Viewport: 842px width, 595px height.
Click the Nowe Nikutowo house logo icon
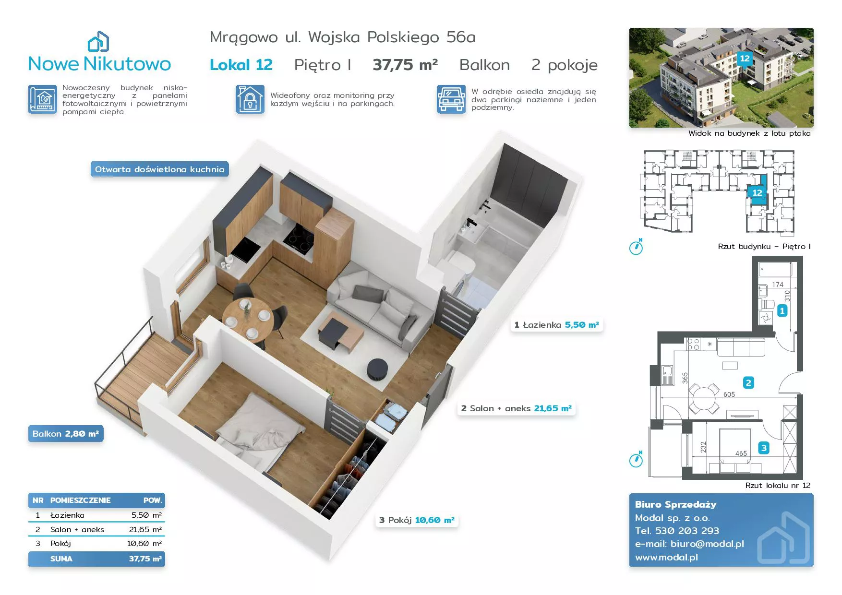click(98, 42)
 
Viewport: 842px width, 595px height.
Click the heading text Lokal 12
click(241, 65)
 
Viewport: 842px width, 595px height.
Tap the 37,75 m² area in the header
click(405, 65)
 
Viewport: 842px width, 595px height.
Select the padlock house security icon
click(250, 99)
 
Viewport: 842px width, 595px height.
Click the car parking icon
click(451, 99)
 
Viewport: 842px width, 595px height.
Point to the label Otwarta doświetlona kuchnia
click(159, 169)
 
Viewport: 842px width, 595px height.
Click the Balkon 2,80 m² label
click(66, 434)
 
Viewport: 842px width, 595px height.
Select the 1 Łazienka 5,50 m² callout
click(556, 325)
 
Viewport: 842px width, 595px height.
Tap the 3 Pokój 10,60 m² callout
click(417, 520)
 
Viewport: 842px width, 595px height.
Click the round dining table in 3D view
click(248, 318)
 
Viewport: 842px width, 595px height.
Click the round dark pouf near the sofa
click(377, 369)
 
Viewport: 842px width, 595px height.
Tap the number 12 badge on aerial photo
click(745, 59)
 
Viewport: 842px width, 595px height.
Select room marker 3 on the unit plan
click(764, 448)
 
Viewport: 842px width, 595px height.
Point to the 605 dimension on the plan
click(729, 394)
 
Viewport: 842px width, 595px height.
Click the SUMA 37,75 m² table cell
click(96, 559)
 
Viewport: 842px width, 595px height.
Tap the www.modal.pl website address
click(666, 558)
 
